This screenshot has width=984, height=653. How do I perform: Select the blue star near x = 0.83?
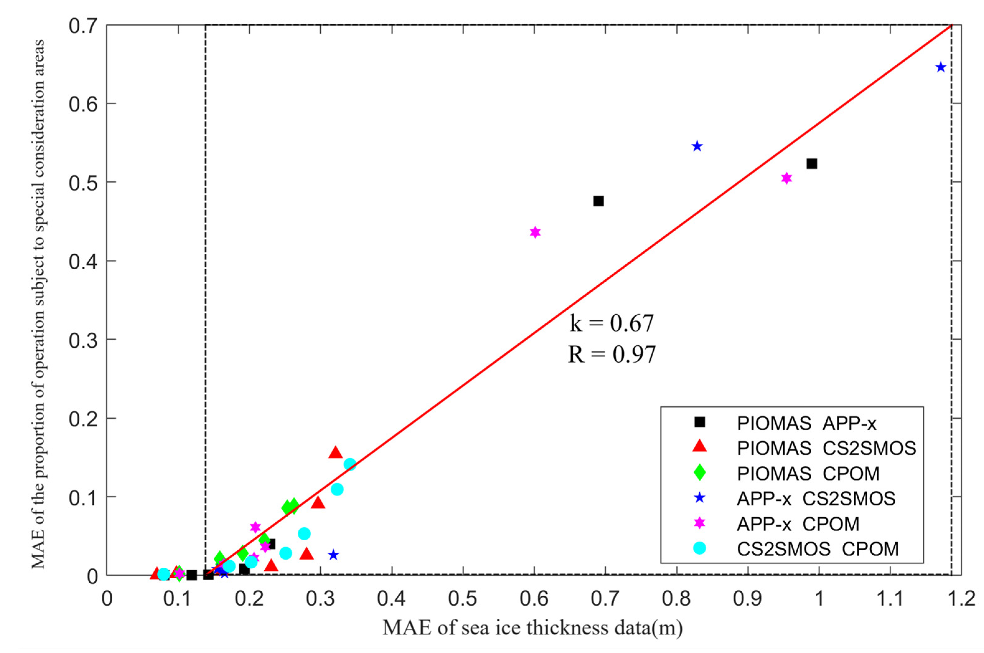click(697, 146)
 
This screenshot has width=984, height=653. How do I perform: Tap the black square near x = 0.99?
click(812, 164)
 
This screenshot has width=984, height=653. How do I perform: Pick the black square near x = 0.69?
click(599, 201)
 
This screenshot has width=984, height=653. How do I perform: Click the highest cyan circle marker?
click(350, 464)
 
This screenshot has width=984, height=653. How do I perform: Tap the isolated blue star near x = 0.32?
click(333, 555)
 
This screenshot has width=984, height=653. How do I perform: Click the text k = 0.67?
click(612, 323)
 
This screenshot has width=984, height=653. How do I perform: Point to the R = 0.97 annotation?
click(612, 355)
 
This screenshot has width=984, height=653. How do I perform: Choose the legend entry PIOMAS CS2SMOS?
click(826, 448)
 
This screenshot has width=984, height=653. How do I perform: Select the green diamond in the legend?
click(700, 473)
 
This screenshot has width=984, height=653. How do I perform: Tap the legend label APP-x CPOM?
click(798, 524)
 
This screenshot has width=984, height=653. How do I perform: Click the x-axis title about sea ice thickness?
click(532, 628)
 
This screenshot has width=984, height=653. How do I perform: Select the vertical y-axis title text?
click(38, 304)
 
